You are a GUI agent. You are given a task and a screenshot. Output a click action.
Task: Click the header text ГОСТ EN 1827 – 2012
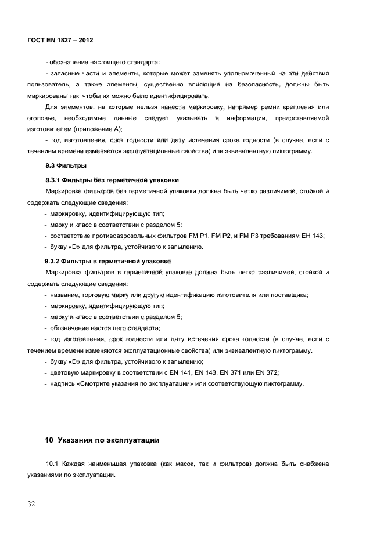click(x=60, y=41)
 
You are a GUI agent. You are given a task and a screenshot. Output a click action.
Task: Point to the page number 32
click(x=32, y=504)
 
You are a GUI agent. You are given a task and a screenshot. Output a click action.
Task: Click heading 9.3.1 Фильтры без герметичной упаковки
click(x=112, y=179)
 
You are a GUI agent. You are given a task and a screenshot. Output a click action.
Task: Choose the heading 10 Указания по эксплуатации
click(x=102, y=440)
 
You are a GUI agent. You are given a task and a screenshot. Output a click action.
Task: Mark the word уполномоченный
click(x=252, y=74)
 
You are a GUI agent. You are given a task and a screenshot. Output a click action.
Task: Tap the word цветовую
click(x=66, y=372)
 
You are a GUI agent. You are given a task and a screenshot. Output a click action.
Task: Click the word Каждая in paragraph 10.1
click(x=74, y=464)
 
